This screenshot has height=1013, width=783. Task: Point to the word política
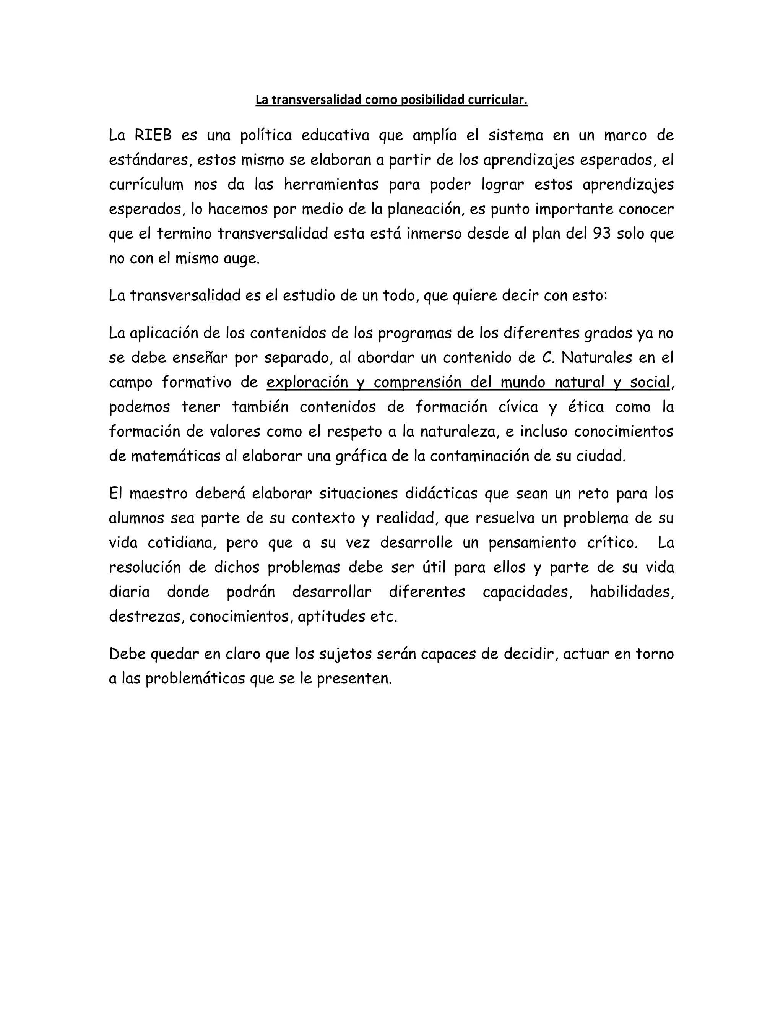[x=266, y=135]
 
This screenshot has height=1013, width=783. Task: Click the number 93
[x=602, y=234]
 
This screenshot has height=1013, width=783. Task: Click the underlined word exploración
[x=307, y=382]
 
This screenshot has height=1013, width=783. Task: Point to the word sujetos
[x=343, y=654]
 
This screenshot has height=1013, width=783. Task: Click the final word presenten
[x=354, y=679]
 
